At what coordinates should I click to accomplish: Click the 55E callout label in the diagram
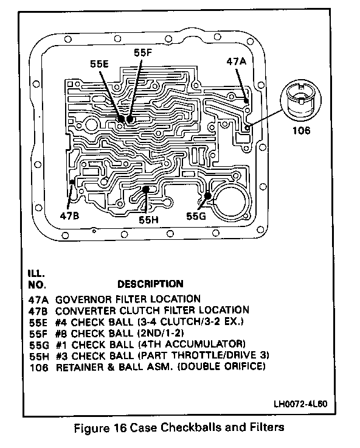tap(99, 64)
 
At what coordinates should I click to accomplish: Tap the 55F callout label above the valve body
tap(143, 52)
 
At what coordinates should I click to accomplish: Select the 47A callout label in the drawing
tap(236, 61)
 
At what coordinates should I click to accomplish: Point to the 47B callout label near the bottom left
tap(69, 215)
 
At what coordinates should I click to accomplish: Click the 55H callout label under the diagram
tap(148, 220)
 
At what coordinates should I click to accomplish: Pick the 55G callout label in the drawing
tap(196, 216)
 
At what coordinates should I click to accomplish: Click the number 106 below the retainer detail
tap(301, 131)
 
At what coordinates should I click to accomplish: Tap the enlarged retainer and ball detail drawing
tap(300, 100)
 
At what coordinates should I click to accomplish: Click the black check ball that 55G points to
tap(207, 196)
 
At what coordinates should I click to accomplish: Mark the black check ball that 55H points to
tap(146, 189)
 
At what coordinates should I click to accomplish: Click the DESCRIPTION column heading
tap(150, 284)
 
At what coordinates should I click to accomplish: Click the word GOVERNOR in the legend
tap(83, 299)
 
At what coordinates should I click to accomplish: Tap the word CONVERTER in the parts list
tap(85, 310)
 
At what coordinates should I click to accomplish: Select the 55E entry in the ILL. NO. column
tap(38, 322)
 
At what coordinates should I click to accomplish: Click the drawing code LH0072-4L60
tap(300, 404)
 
